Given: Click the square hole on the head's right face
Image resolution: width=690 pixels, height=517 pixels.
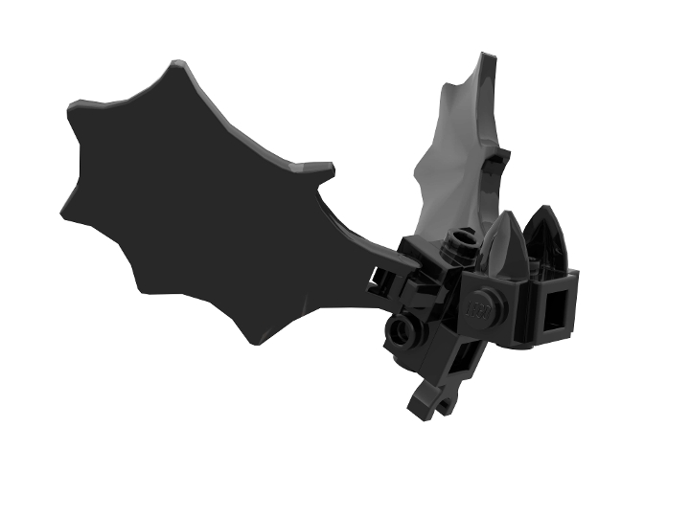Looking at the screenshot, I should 554,311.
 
